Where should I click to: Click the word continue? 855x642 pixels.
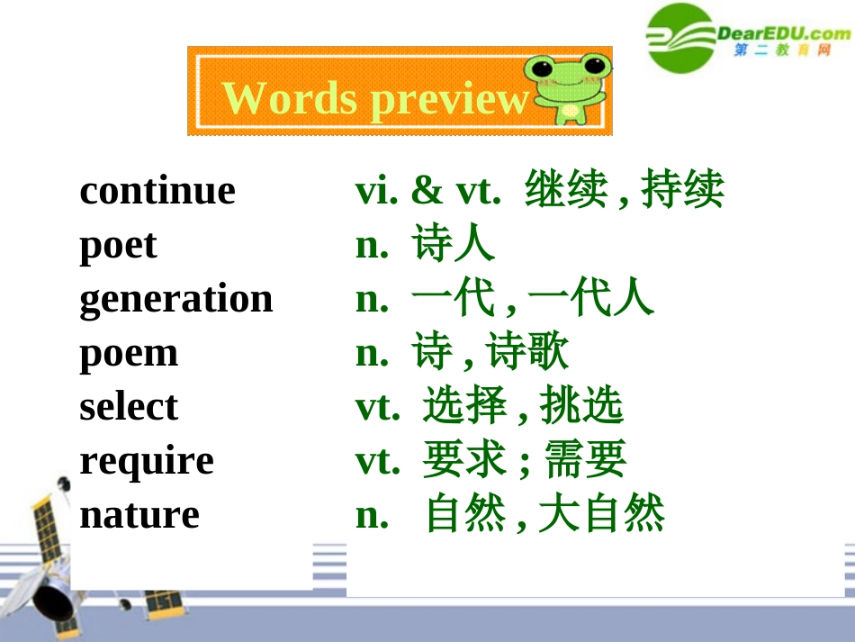(157, 191)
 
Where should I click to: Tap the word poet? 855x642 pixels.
(118, 245)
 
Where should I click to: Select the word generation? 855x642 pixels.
(175, 299)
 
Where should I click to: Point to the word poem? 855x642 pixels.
(129, 353)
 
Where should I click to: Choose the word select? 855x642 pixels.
(129, 407)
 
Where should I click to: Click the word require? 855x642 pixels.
(147, 461)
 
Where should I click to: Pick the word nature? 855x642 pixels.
(139, 515)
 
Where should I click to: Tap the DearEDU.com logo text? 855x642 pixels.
(784, 34)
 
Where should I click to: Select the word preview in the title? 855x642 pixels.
(449, 99)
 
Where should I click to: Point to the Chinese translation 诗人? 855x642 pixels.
(454, 245)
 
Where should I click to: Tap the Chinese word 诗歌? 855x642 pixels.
(528, 353)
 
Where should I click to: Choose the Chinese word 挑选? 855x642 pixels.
(581, 407)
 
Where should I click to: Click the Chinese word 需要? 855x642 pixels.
(585, 461)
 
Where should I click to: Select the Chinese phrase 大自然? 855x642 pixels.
(601, 515)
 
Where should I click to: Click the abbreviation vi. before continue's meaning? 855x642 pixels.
(377, 191)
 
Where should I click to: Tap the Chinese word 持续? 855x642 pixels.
(682, 191)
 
